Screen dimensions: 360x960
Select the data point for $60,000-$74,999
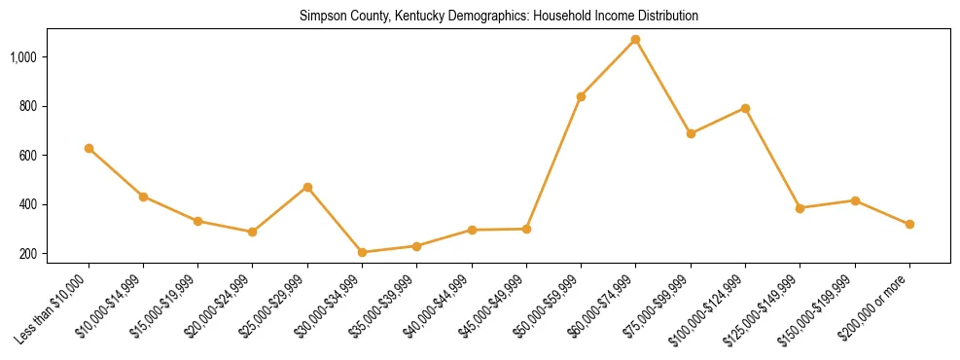point(636,40)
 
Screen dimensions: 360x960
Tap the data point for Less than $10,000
point(89,148)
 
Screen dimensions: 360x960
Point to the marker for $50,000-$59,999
point(581,96)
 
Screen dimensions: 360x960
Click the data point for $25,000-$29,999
point(307,187)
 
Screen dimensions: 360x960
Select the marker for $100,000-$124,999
point(745,108)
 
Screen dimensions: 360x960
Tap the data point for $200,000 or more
point(909,224)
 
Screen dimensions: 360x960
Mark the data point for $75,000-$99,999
point(691,133)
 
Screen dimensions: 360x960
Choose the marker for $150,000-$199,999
point(855,200)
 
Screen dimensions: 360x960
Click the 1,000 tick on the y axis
point(23,57)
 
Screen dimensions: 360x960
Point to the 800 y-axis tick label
point(27,106)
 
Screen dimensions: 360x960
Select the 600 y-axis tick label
point(27,156)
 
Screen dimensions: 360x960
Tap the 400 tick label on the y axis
point(27,204)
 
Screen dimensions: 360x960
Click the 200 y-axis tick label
point(27,254)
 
